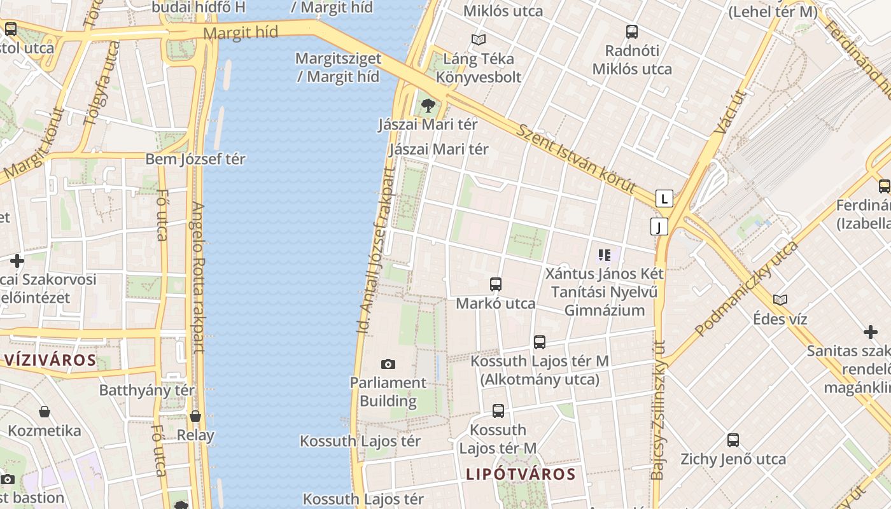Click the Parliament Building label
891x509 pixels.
click(x=388, y=392)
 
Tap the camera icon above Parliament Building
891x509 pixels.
click(x=388, y=365)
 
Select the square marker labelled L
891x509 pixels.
click(x=664, y=199)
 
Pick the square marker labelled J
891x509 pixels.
click(x=659, y=227)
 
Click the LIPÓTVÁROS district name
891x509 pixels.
click(x=521, y=474)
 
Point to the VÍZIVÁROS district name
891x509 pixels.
click(x=50, y=360)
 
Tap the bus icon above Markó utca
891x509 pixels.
click(x=496, y=284)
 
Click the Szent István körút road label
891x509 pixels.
click(x=575, y=158)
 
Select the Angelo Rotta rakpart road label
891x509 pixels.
click(x=198, y=277)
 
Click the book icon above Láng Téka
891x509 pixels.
click(x=479, y=39)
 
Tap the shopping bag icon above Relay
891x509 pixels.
click(x=195, y=417)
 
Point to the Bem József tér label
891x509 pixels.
click(x=195, y=159)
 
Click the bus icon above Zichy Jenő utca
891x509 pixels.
click(x=733, y=440)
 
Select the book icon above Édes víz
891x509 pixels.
click(x=780, y=300)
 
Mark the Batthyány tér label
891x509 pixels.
click(x=147, y=390)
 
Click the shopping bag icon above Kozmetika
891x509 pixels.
click(x=45, y=412)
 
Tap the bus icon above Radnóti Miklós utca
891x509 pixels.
click(x=632, y=31)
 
